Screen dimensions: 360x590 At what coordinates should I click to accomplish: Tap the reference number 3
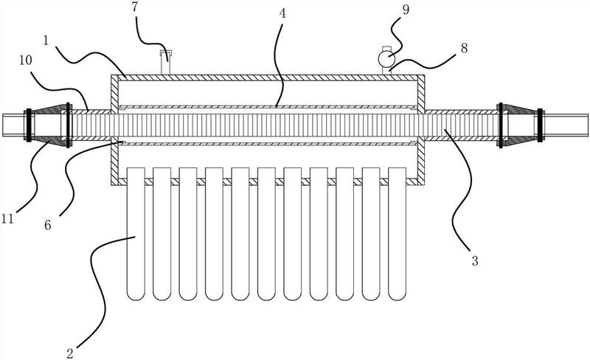click(475, 260)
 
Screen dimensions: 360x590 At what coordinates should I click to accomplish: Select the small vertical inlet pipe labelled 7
click(166, 62)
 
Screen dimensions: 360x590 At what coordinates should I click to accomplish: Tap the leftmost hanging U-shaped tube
click(138, 233)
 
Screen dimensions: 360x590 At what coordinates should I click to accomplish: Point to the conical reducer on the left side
click(49, 123)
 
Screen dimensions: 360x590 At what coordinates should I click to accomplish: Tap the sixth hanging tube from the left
click(268, 233)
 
